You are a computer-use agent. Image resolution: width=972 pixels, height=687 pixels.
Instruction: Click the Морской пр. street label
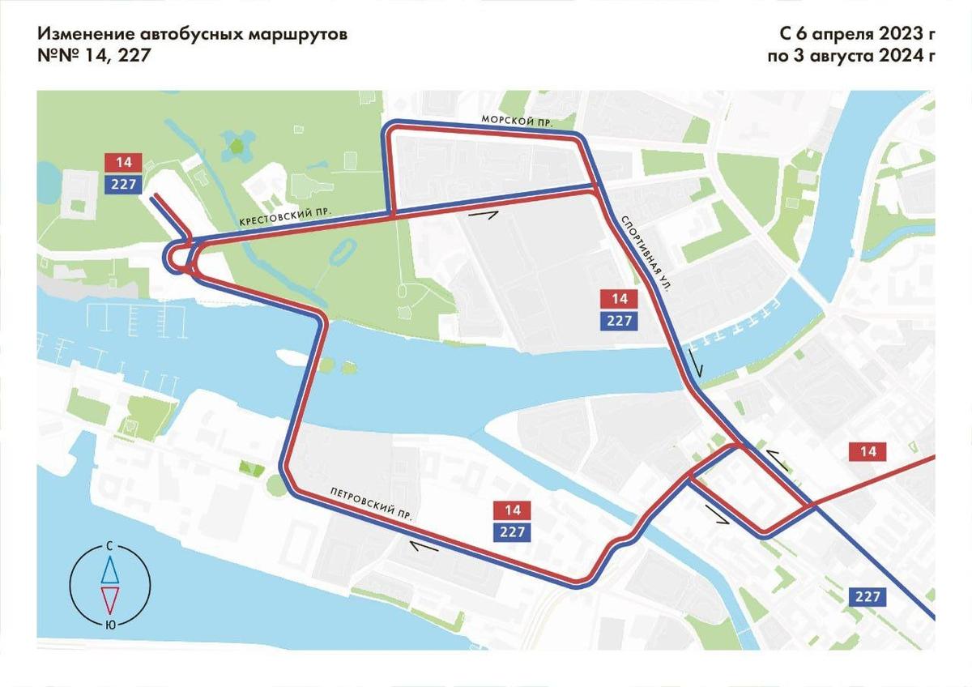click(517, 120)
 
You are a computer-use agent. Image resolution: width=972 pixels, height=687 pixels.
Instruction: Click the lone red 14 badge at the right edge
click(868, 452)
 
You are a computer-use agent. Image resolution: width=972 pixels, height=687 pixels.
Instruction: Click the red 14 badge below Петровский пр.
click(512, 510)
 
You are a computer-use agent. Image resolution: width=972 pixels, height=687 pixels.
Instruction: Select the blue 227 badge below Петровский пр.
click(512, 532)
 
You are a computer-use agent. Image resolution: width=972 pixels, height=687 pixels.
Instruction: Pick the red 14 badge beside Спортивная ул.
click(620, 298)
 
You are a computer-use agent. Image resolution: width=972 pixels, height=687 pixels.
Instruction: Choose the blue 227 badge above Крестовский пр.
click(123, 184)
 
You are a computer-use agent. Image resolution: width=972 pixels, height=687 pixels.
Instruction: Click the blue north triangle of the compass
click(110, 571)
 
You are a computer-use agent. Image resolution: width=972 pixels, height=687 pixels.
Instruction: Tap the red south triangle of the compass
click(110, 600)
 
